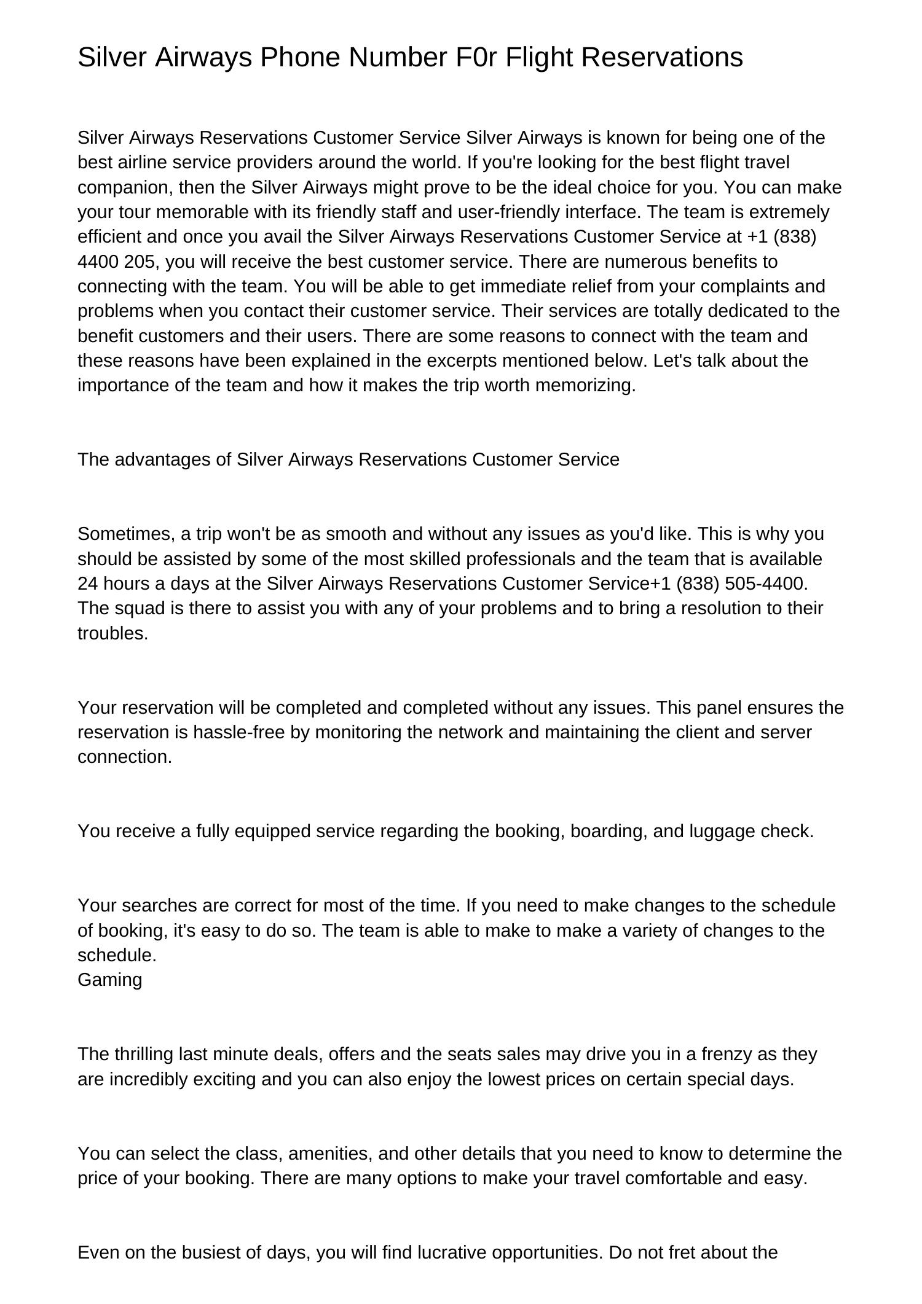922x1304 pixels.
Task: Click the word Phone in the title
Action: pos(300,57)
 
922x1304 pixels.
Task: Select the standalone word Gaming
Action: pos(109,980)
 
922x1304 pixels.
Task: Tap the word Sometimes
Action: pos(126,534)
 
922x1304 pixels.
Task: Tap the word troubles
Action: pos(112,633)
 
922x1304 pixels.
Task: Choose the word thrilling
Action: pos(144,1054)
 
